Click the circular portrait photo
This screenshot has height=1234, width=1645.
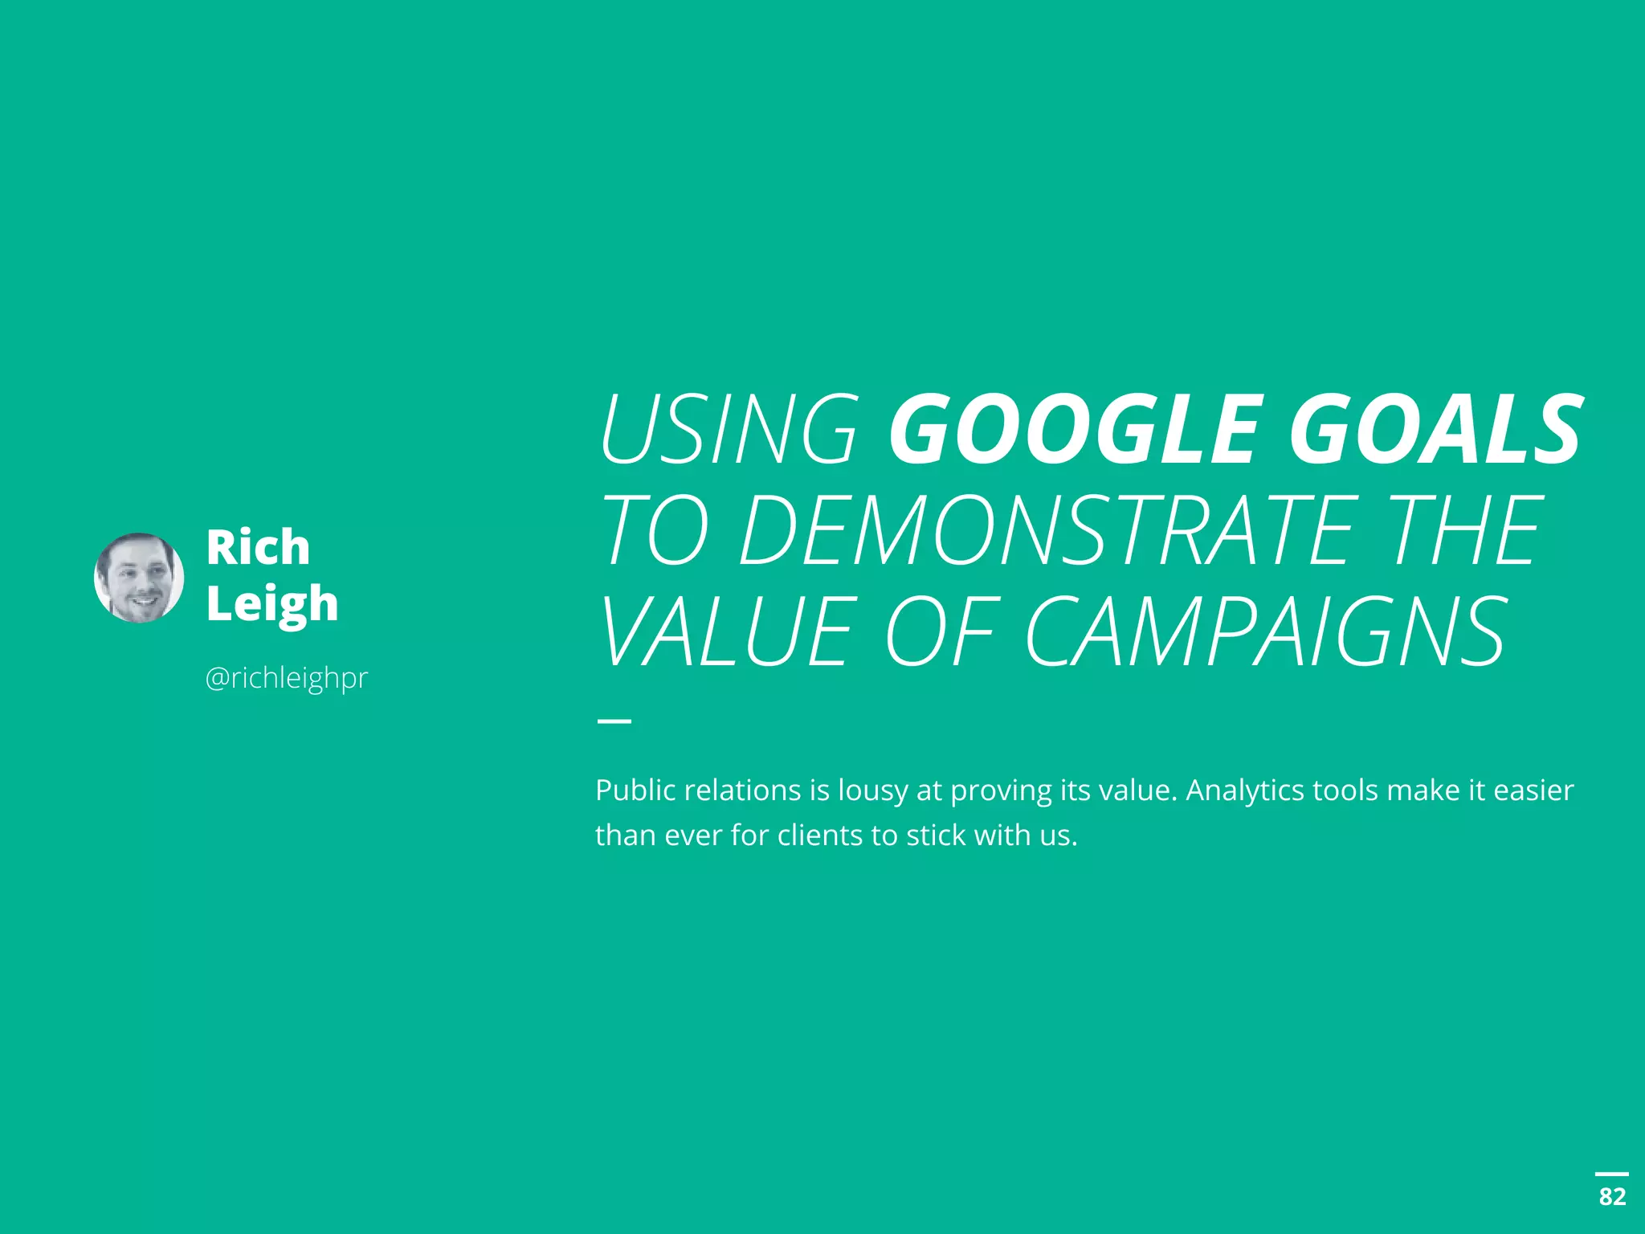click(139, 577)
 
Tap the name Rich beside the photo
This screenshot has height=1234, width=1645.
click(258, 547)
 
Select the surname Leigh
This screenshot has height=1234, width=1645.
click(271, 604)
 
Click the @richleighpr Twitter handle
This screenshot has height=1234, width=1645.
click(286, 678)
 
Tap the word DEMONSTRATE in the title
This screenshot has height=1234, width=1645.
click(1049, 530)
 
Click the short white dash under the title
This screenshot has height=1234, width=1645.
click(614, 721)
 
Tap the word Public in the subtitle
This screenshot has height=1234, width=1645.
click(635, 791)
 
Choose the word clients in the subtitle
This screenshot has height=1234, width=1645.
click(820, 836)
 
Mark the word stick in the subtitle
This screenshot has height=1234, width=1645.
click(936, 836)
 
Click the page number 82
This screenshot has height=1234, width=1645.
click(1612, 1196)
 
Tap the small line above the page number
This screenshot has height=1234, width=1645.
click(1612, 1174)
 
